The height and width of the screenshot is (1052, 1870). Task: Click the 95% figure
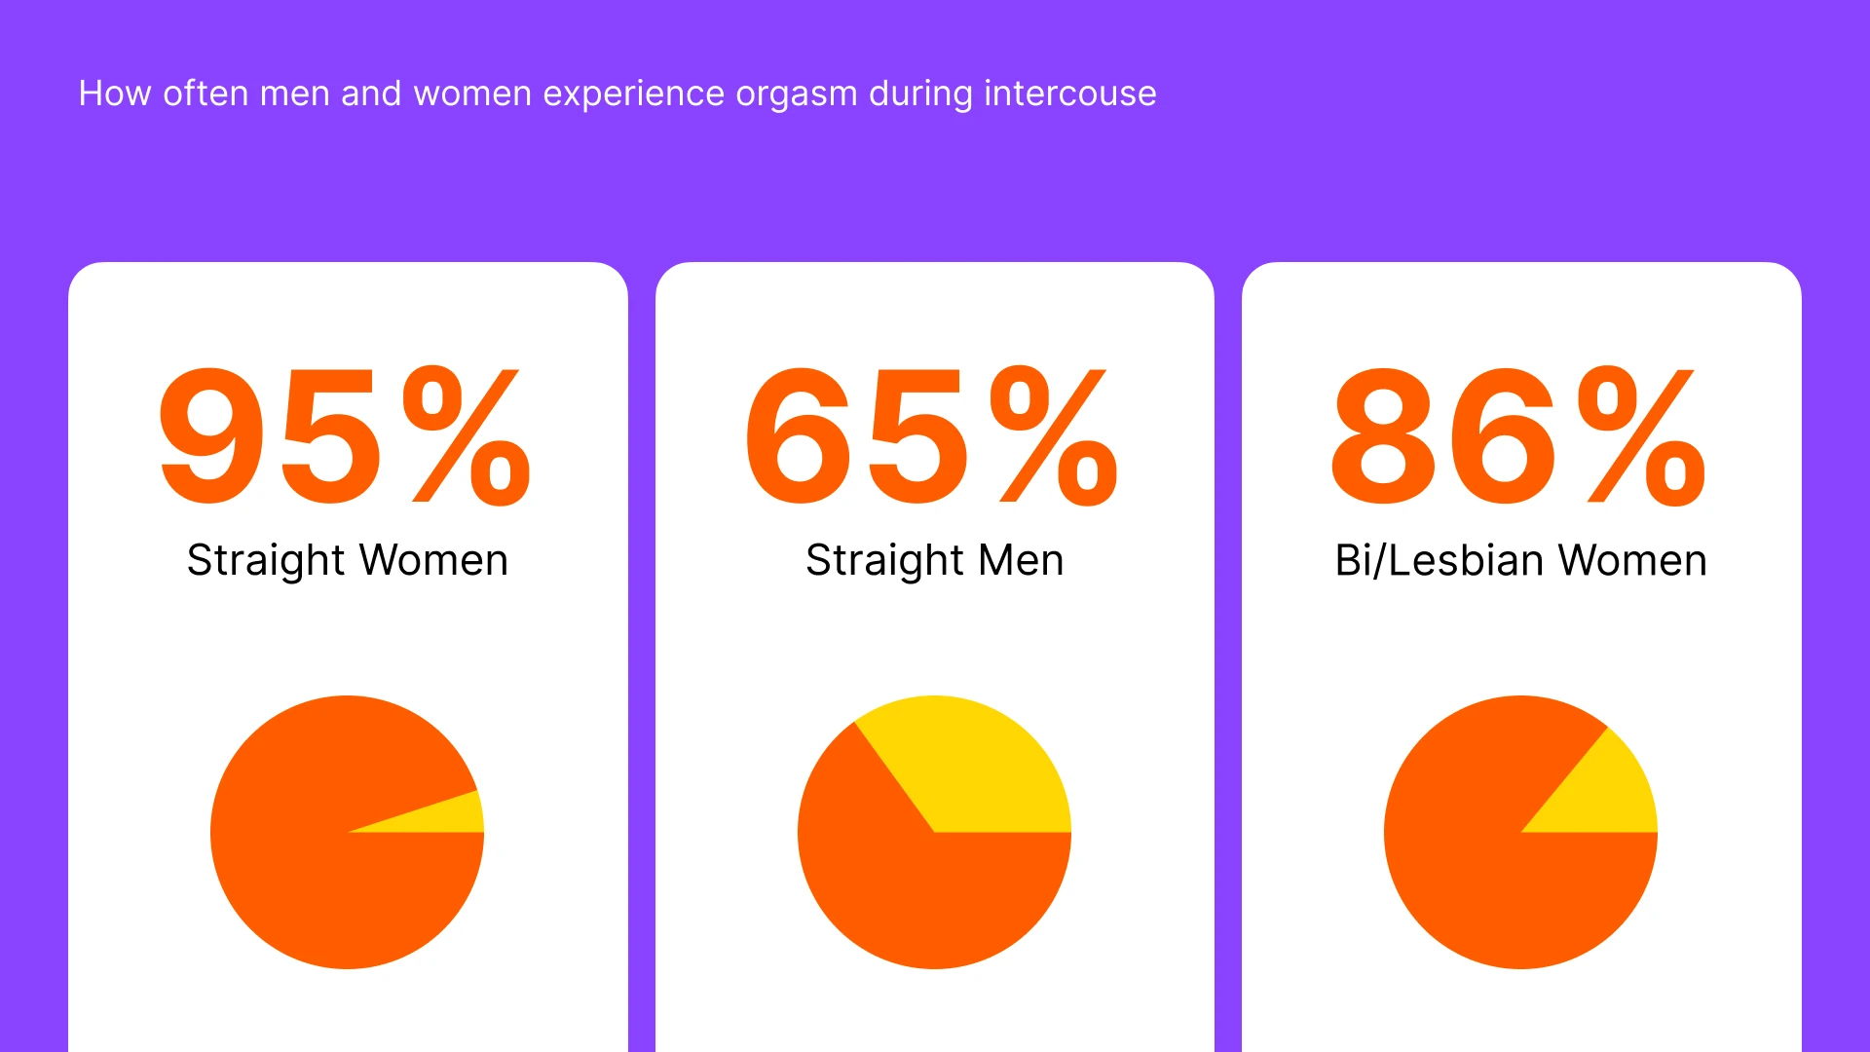[x=346, y=436]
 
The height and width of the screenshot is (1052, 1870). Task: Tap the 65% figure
[x=932, y=436]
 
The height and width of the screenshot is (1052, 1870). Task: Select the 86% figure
[x=1519, y=436]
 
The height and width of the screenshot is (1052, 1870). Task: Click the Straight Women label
[x=348, y=560]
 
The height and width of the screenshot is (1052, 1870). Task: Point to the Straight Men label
[x=935, y=560]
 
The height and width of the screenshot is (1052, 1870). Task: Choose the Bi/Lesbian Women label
[x=1520, y=560]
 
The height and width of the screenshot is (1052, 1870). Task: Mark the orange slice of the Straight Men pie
[x=906, y=896]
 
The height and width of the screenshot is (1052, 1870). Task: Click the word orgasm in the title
[x=796, y=94]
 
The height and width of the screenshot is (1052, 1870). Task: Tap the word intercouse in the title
[x=1069, y=94]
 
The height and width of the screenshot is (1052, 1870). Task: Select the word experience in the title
[x=633, y=94]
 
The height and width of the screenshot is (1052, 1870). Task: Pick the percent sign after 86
[x=1642, y=436]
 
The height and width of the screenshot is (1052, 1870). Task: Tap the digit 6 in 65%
[x=799, y=436]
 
